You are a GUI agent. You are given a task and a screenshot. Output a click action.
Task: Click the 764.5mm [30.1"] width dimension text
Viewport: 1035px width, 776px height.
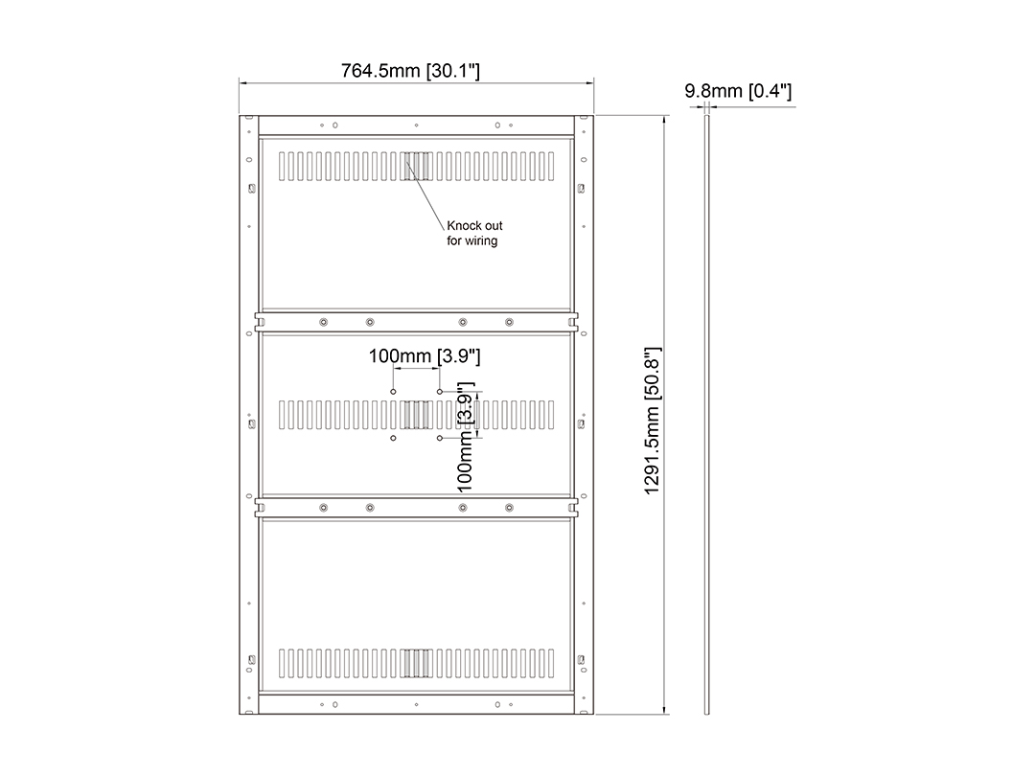[410, 71]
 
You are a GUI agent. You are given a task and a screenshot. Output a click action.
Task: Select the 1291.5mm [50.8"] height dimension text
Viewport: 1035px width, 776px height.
[653, 421]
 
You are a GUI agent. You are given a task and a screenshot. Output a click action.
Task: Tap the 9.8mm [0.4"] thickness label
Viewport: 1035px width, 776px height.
[738, 91]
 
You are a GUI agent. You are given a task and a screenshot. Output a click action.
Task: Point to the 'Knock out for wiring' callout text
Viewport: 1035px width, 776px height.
[474, 233]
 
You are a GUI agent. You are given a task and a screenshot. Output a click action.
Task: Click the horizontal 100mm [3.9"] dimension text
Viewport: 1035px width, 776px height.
[425, 356]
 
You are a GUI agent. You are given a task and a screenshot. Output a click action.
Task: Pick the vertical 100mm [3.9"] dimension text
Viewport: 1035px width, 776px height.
[466, 437]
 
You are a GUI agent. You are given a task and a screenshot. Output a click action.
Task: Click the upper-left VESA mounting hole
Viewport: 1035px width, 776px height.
[394, 392]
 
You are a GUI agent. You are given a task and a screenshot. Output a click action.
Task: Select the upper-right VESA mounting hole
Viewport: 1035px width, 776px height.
[440, 392]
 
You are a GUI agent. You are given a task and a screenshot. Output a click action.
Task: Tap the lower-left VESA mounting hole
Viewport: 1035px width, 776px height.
[394, 438]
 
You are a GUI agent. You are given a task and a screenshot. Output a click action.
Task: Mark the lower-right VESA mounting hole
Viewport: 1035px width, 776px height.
[440, 438]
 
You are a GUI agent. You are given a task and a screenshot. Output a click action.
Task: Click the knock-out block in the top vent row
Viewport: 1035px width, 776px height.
[417, 167]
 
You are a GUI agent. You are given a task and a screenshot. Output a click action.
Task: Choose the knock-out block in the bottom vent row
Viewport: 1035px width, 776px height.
[417, 663]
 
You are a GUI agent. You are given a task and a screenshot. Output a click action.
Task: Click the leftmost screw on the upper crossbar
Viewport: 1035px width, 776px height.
[324, 322]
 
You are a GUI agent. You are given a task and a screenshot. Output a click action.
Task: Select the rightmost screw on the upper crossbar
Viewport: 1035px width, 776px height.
[509, 322]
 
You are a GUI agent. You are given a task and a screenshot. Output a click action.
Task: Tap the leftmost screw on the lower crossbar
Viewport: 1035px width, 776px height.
[324, 508]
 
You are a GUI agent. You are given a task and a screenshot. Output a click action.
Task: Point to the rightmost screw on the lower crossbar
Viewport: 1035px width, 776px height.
[509, 508]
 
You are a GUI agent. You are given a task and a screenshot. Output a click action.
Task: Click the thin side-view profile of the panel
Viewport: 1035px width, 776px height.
[707, 415]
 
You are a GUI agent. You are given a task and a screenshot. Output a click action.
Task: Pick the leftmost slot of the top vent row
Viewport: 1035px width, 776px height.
[283, 167]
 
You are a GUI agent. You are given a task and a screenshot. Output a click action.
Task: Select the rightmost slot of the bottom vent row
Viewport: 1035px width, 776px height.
[551, 663]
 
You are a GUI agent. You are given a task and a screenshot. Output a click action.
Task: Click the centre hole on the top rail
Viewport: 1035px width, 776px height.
[417, 125]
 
